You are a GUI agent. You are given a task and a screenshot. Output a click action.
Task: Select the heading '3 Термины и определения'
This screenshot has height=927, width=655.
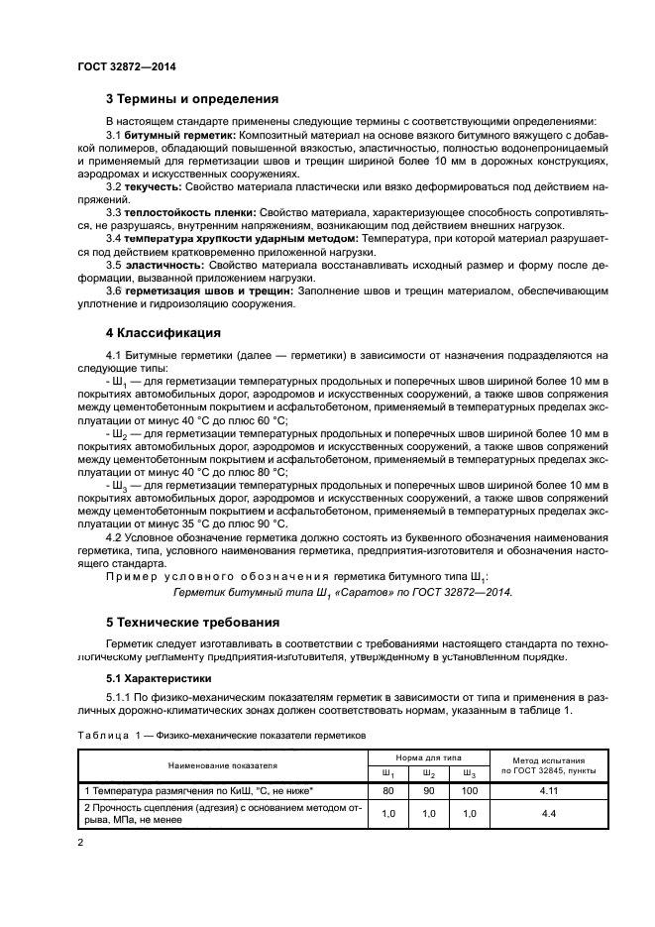coord(191,99)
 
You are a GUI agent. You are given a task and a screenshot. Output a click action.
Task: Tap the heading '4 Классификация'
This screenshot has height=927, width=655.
coord(163,332)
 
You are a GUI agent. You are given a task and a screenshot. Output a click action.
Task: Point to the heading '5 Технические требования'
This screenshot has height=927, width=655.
coord(194,623)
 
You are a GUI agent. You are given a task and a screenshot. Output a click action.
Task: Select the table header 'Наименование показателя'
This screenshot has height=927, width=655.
coord(222,765)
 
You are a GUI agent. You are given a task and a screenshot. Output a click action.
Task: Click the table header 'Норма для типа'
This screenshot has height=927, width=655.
coord(429,756)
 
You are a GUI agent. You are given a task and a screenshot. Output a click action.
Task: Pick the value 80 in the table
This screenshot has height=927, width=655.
coord(388,791)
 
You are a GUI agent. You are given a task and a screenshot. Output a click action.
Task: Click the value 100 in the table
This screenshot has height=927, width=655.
coord(470,791)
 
